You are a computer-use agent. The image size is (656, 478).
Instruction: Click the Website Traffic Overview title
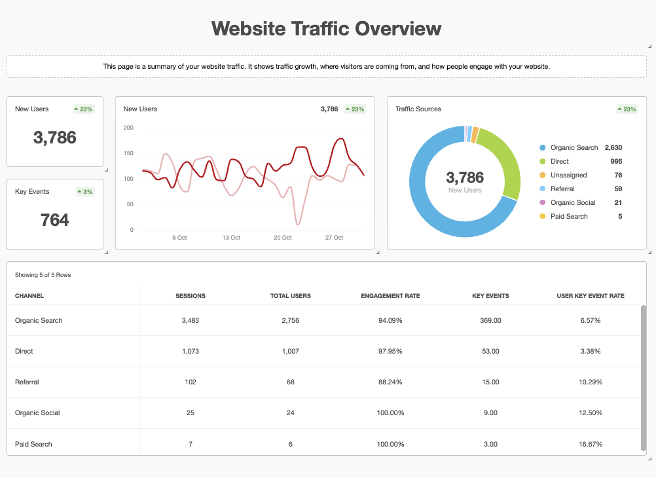pos(327,29)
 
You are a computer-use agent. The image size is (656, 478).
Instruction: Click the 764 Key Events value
pos(55,220)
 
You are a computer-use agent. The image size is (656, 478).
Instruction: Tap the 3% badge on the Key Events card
pos(85,192)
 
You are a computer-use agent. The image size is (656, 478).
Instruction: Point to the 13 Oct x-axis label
pos(231,238)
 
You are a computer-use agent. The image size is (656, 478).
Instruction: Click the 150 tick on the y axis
pos(128,153)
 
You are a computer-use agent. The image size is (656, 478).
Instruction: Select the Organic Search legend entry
pos(574,147)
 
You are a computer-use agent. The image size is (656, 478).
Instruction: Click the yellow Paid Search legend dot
pos(542,216)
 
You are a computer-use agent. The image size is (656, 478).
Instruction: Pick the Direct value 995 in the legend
pos(615,161)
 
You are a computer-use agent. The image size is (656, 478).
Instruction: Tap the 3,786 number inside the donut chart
pos(465,177)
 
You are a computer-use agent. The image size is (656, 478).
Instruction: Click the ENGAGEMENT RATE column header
pos(390,296)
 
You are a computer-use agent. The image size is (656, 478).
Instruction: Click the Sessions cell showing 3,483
pos(191,320)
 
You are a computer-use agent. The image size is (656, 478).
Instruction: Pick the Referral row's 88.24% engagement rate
pos(390,382)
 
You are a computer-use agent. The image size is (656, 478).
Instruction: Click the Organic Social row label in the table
pos(37,413)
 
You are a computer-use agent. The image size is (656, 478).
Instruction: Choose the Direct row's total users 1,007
pos(290,351)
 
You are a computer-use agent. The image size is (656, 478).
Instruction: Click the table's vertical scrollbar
pos(643,377)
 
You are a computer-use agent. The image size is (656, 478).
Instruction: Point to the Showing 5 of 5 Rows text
pos(43,275)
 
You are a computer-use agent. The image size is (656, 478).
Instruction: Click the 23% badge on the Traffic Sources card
pos(627,109)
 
